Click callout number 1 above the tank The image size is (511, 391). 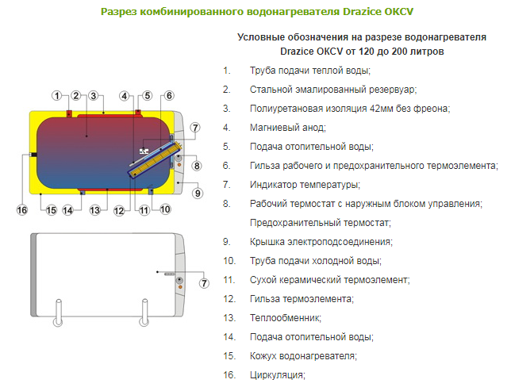tap(57, 96)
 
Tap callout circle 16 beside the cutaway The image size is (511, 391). tap(22, 210)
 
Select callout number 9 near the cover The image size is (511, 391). tap(198, 194)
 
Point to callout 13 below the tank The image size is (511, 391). tap(95, 210)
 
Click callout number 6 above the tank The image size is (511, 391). tap(169, 96)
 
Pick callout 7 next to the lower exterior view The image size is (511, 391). tap(204, 283)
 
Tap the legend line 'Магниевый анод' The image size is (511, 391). tap(288, 128)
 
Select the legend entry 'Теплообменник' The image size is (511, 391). tap(286, 318)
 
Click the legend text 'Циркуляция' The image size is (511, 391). tap(278, 375)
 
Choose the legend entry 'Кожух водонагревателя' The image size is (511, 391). tap(303, 356)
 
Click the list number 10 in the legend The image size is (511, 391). tap(229, 261)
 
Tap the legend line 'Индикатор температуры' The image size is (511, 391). tap(305, 185)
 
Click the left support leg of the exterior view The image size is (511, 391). tap(59, 312)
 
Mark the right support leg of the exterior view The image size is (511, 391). tap(144, 312)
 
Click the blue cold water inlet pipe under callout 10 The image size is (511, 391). tap(151, 192)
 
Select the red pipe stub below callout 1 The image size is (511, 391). tap(69, 113)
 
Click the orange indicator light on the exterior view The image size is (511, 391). tap(179, 287)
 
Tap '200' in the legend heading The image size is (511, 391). tap(401, 52)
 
